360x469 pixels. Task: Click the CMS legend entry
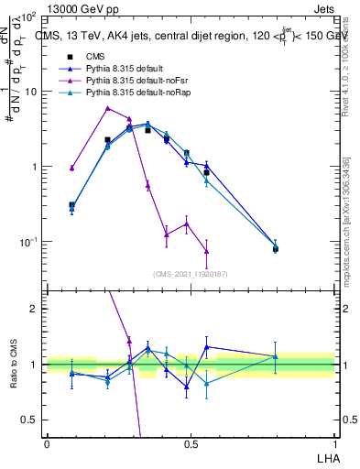pyautogui.click(x=96, y=56)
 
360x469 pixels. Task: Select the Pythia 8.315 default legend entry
pyautogui.click(x=128, y=69)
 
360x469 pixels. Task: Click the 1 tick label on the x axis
pyautogui.click(x=333, y=443)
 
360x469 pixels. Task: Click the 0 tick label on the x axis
pyautogui.click(x=47, y=443)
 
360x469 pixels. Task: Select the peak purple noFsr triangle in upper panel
pyautogui.click(x=108, y=108)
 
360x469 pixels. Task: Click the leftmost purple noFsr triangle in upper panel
pyautogui.click(x=71, y=168)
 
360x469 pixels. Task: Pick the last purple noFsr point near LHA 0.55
pyautogui.click(x=206, y=251)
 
